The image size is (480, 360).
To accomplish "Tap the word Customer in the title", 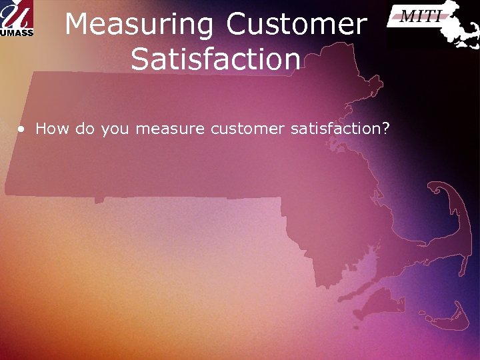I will [x=297, y=25].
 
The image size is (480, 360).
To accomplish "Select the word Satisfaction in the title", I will [x=215, y=59].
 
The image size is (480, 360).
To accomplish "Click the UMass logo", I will [x=17, y=19].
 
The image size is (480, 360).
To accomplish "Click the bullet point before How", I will [x=23, y=129].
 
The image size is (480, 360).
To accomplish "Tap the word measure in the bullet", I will [x=170, y=129].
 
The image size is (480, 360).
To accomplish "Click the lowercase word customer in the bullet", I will [x=247, y=129].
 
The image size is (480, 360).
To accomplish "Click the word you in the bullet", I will [x=115, y=129].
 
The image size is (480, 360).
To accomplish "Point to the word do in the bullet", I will [x=85, y=129].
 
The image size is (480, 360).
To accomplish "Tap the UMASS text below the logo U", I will [x=17, y=31].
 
